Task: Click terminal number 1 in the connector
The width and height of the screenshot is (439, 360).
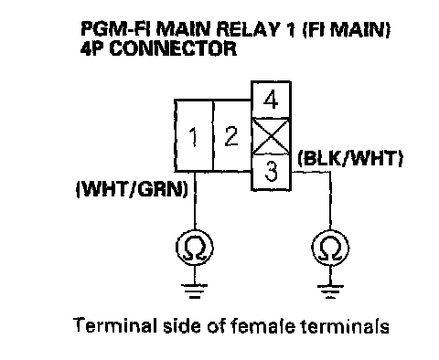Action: (194, 135)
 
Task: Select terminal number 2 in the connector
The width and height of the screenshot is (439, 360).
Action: (231, 135)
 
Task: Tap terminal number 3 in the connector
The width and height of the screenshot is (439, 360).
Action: (271, 172)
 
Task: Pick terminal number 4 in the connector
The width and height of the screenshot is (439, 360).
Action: (271, 100)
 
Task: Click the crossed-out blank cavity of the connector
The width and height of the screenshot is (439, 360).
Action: (271, 136)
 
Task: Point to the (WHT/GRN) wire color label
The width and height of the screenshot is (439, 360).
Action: (132, 189)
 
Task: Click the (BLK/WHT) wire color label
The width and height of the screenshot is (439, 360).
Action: (350, 158)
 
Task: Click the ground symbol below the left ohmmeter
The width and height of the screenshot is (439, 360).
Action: (195, 291)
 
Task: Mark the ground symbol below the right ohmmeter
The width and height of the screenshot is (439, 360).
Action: (330, 291)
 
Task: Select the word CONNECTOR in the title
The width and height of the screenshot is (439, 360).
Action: (173, 48)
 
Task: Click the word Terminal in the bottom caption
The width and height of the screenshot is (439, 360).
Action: (113, 325)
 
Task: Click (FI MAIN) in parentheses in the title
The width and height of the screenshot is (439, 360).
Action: (346, 29)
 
